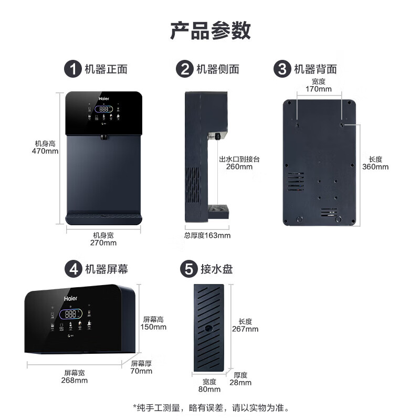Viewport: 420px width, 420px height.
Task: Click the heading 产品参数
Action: coord(210,30)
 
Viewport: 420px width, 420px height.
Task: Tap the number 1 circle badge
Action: coord(72,69)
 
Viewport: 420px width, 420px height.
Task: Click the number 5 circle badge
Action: coord(188,269)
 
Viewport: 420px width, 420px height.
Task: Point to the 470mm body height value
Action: coord(45,151)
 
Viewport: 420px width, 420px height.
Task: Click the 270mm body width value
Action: coord(103,243)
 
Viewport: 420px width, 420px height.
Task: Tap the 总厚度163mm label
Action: coord(207,235)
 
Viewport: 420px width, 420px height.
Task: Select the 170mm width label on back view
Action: coord(319,89)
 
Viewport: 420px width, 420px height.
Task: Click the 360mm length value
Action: coord(375,167)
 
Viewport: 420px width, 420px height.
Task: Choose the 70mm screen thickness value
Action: coord(141,371)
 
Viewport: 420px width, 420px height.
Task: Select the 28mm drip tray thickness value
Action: coord(240,382)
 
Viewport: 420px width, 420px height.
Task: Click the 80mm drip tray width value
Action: coord(209,389)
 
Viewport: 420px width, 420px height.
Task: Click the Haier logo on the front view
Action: coord(103,98)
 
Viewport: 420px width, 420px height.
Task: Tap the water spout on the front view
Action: coord(103,138)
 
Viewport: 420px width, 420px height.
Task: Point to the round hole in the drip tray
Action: coord(209,328)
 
